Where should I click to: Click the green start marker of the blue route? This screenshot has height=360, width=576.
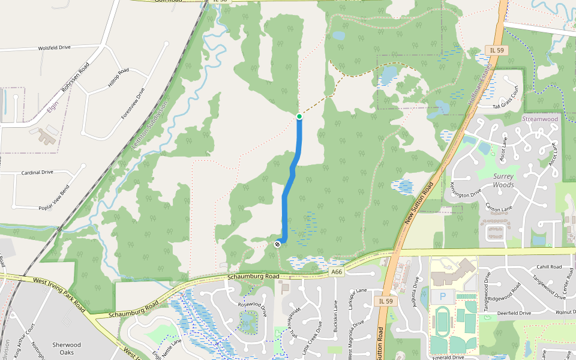(299, 116)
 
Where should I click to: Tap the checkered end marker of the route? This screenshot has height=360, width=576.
(278, 244)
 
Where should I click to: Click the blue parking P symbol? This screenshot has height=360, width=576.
(443, 296)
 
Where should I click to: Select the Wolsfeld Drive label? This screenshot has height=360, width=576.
(54, 47)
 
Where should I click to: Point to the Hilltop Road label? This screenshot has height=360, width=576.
(118, 79)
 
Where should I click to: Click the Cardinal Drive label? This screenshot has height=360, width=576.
(37, 172)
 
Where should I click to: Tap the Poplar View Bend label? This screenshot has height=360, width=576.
(45, 197)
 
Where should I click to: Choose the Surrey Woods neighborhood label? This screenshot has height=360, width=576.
(503, 181)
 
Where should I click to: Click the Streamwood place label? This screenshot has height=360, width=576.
(539, 119)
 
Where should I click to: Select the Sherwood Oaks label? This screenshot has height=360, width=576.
(67, 349)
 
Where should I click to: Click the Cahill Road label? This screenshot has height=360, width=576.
(549, 267)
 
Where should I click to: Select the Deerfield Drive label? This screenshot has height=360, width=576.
(509, 313)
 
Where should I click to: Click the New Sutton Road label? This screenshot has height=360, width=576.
(419, 204)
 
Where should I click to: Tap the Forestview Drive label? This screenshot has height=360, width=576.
(133, 103)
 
